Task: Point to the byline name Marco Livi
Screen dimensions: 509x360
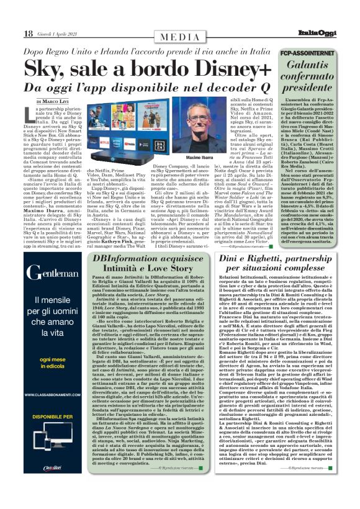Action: pos(60,101)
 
